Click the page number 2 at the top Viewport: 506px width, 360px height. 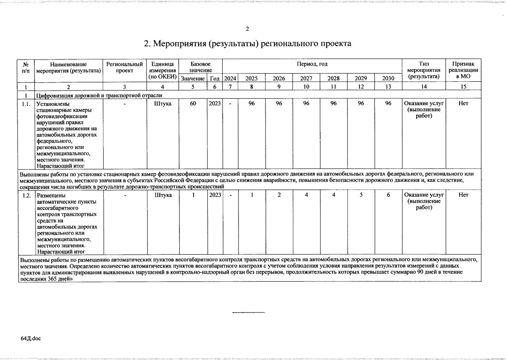point(247,29)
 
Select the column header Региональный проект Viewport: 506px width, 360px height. point(125,67)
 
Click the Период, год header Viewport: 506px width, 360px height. point(312,64)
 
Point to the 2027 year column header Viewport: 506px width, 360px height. point(306,78)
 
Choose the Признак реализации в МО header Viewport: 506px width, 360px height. point(463,70)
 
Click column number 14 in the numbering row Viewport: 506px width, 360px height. point(424,87)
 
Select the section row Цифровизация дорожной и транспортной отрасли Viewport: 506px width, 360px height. point(99,95)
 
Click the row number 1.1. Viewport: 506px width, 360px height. point(26,103)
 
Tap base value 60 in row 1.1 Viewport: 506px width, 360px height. point(193,103)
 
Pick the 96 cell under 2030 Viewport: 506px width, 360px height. point(388,103)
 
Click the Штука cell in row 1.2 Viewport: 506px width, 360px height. point(163,195)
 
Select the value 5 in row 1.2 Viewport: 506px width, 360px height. point(361,195)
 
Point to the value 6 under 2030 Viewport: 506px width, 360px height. point(388,195)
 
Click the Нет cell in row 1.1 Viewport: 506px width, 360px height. point(463,103)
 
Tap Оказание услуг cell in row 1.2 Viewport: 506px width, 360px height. point(424,201)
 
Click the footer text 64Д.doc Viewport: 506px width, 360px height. point(31,338)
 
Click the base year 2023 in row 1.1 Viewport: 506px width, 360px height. point(215,103)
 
